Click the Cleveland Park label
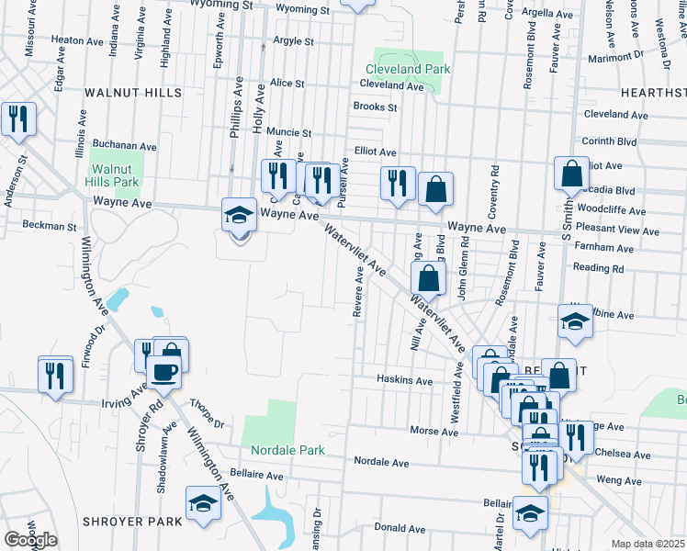coord(407,69)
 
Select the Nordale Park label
coord(288,451)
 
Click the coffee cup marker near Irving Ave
coord(164,372)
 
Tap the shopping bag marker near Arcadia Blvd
coord(571,173)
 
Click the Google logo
coord(30,540)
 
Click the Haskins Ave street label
coord(404,380)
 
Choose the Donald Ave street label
coord(400,529)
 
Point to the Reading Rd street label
coord(599,269)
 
